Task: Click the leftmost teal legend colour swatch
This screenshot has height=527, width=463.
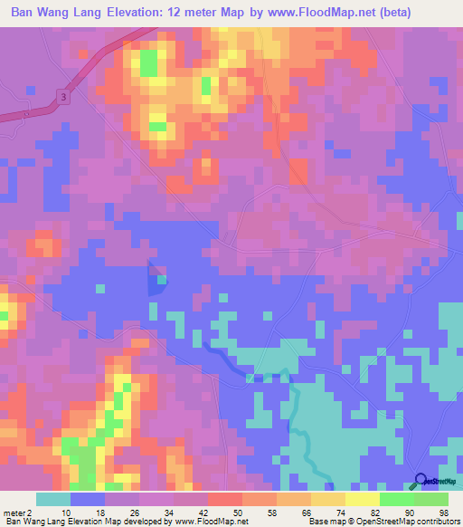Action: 53,499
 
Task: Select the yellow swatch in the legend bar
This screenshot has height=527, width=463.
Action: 362,499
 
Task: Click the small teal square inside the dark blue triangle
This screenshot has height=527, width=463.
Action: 161,281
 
